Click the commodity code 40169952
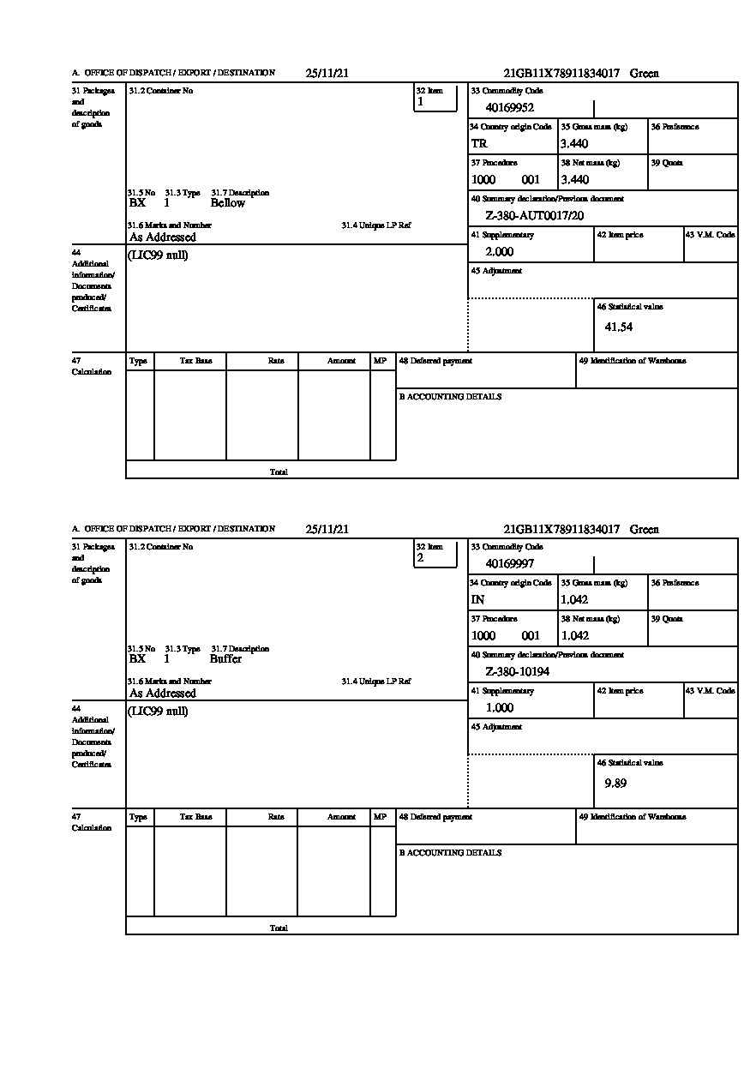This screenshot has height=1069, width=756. pos(509,108)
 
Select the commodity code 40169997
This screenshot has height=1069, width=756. pos(509,564)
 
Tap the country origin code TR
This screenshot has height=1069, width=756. pos(479,144)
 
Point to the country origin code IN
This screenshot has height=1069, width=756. pos(477,600)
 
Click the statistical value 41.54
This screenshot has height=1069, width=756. pos(618,327)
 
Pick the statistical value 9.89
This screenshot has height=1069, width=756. pos(615,784)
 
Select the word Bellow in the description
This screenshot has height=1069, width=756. pos(228,203)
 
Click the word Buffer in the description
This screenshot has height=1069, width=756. pos(225,659)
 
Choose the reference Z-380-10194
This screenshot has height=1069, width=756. pos(517,672)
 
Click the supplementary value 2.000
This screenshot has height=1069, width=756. pos(499,252)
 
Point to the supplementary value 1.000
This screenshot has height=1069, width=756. pos(499,708)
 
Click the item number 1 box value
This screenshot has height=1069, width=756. pos(420,102)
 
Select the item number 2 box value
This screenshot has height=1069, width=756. pos(420,558)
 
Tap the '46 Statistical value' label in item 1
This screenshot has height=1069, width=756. pos(629,307)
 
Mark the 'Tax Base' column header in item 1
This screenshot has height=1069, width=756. pos(195,362)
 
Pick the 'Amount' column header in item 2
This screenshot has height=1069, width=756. pos(341,818)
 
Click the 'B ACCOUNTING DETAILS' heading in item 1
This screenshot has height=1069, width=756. pos(450,397)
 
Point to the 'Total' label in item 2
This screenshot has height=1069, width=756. pos(279,928)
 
